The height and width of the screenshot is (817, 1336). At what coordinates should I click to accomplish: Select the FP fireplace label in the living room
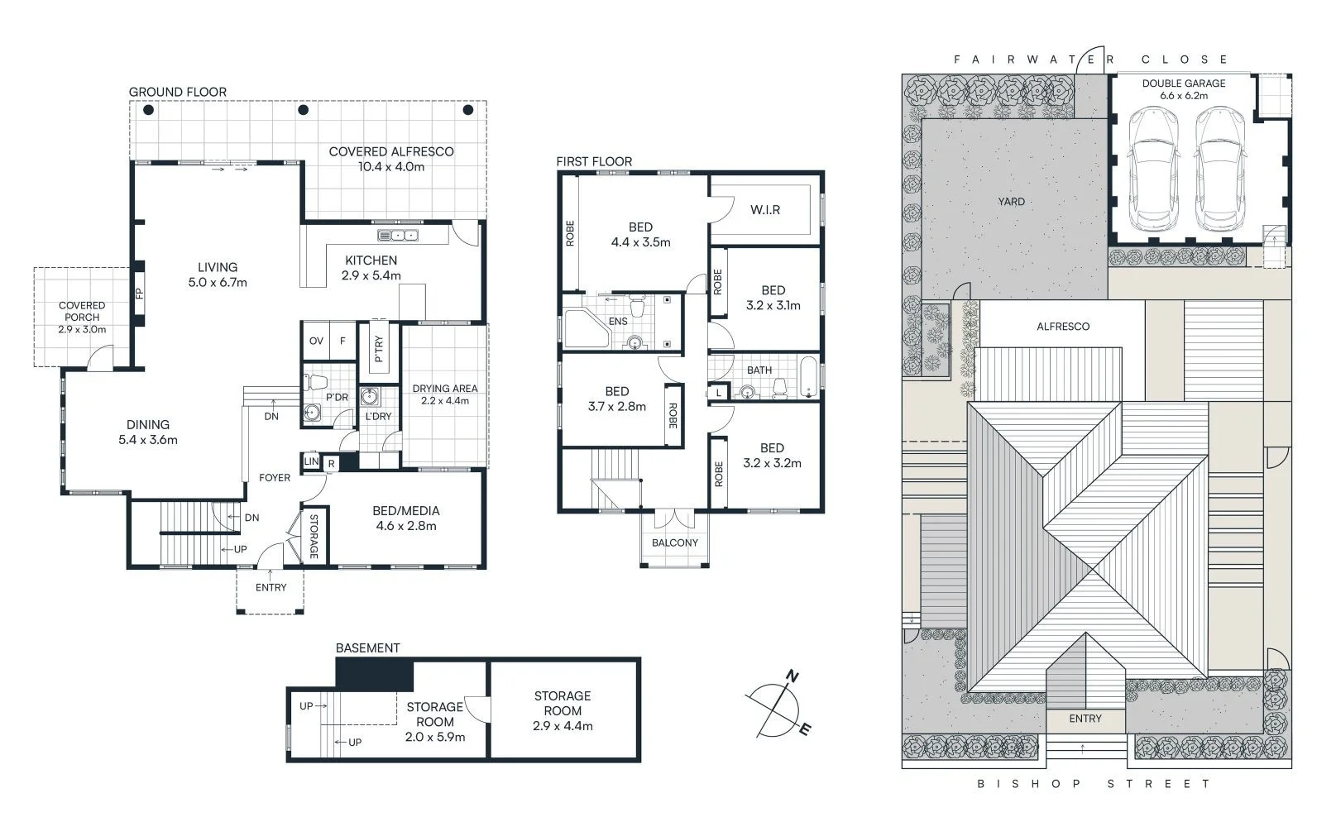(139, 293)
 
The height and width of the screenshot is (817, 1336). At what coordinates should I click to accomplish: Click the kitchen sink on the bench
(398, 236)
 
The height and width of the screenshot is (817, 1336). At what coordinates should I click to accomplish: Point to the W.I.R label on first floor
(765, 210)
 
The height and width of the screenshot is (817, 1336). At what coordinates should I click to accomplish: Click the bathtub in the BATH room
(808, 377)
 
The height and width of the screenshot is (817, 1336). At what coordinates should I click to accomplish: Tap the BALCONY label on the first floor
(675, 542)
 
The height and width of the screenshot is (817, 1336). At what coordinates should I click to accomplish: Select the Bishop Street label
(1094, 783)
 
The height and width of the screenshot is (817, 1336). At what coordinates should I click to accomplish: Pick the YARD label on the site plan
(1011, 202)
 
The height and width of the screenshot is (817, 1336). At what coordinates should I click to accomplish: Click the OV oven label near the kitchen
(316, 341)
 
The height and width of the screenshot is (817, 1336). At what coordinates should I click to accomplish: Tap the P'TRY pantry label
(379, 349)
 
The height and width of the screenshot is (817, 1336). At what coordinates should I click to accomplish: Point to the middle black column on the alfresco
(304, 110)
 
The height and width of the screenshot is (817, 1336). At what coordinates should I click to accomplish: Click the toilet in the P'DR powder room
(316, 383)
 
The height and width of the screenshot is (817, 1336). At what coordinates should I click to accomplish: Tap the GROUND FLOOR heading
(178, 92)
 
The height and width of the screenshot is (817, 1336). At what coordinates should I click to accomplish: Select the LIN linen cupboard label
(311, 461)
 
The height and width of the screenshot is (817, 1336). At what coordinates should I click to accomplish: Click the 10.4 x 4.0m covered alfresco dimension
(391, 166)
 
